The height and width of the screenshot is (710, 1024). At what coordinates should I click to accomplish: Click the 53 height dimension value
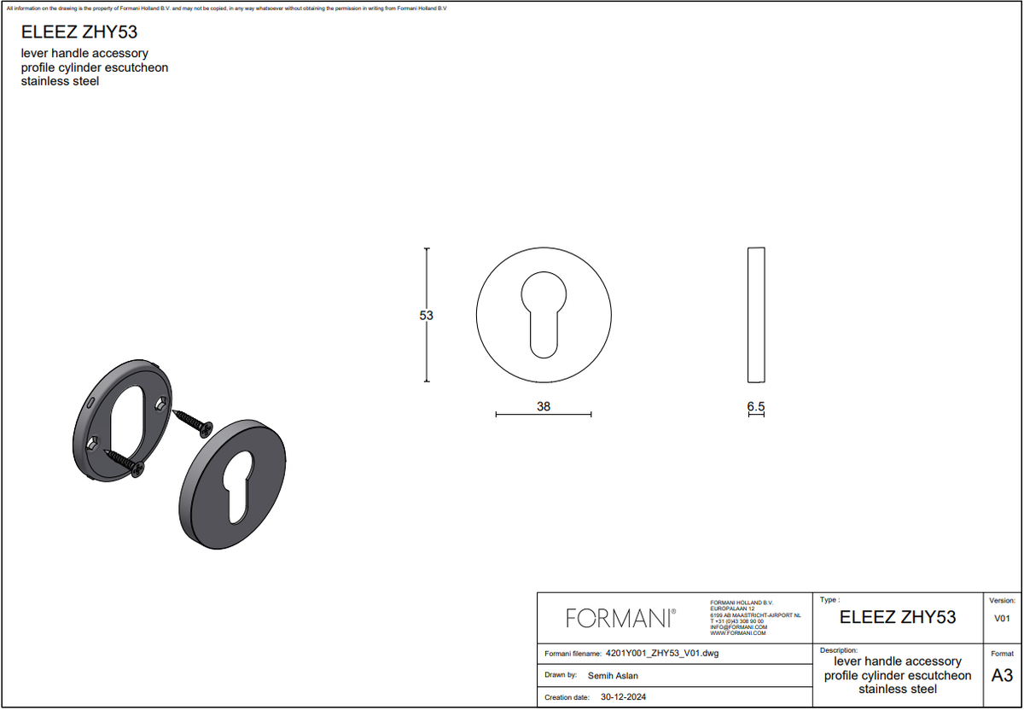(x=426, y=316)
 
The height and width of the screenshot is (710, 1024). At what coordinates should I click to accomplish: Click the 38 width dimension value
(x=544, y=406)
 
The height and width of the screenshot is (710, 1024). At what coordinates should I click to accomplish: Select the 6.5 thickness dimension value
(x=756, y=406)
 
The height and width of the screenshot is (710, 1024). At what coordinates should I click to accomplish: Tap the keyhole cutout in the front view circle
(x=544, y=315)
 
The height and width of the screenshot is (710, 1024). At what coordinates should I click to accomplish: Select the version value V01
(x=1002, y=619)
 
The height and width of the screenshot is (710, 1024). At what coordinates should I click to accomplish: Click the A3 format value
(x=1002, y=675)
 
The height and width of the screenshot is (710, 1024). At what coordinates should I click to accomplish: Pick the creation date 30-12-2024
(x=623, y=696)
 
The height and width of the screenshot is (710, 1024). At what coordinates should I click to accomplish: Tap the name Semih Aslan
(x=613, y=675)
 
